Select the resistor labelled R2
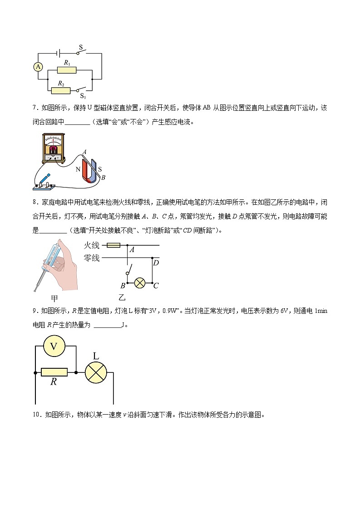pyautogui.click(x=61, y=90)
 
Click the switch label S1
pyautogui.click(x=83, y=96)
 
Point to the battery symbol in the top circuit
pyautogui.click(x=58, y=53)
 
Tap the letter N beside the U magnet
pyautogui.click(x=77, y=168)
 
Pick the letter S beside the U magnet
pyautogui.click(x=100, y=168)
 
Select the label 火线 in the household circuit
pyautogui.click(x=91, y=246)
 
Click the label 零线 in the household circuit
pyautogui.click(x=91, y=258)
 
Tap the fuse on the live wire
pyautogui.click(x=113, y=246)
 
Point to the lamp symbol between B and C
pyautogui.click(x=140, y=282)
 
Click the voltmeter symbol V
pyautogui.click(x=54, y=347)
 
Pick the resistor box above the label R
pyautogui.click(x=54, y=372)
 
